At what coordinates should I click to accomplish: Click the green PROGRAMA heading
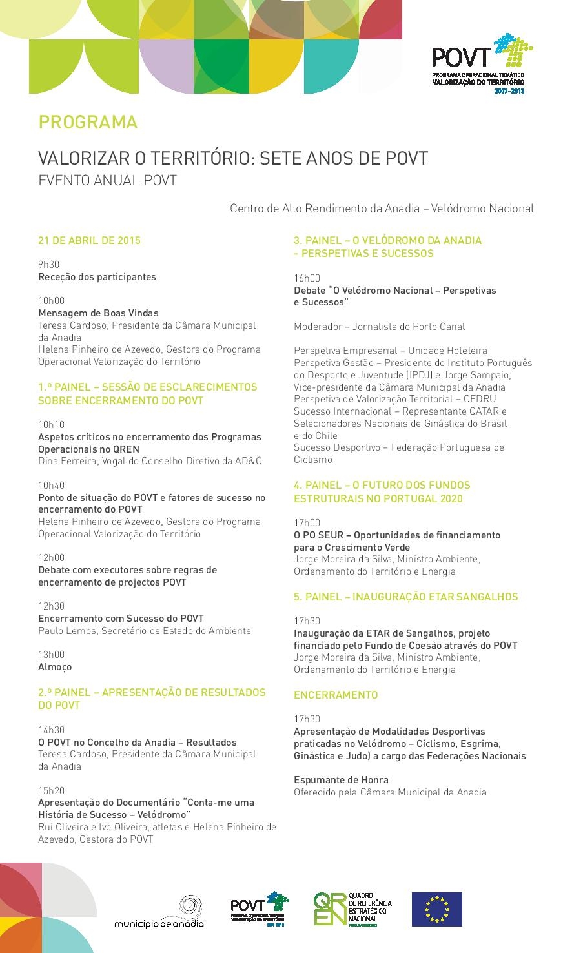pyautogui.click(x=88, y=122)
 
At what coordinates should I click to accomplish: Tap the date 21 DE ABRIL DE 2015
pyautogui.click(x=89, y=241)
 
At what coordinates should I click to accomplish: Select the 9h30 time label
pyautogui.click(x=48, y=265)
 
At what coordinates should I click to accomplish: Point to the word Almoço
pyautogui.click(x=55, y=667)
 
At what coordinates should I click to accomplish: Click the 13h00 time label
pyautogui.click(x=51, y=655)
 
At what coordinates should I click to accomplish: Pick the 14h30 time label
pyautogui.click(x=51, y=730)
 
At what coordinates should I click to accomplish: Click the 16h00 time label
pyautogui.click(x=307, y=278)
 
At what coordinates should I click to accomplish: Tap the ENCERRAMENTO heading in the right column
pyautogui.click(x=336, y=695)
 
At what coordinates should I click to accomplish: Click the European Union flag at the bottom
pyautogui.click(x=437, y=909)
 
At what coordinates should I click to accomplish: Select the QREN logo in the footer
pyautogui.click(x=352, y=909)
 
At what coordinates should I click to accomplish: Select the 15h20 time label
pyautogui.click(x=51, y=791)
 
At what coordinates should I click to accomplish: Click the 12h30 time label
pyautogui.click(x=51, y=606)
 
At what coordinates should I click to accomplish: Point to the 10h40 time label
pyautogui.click(x=51, y=486)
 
